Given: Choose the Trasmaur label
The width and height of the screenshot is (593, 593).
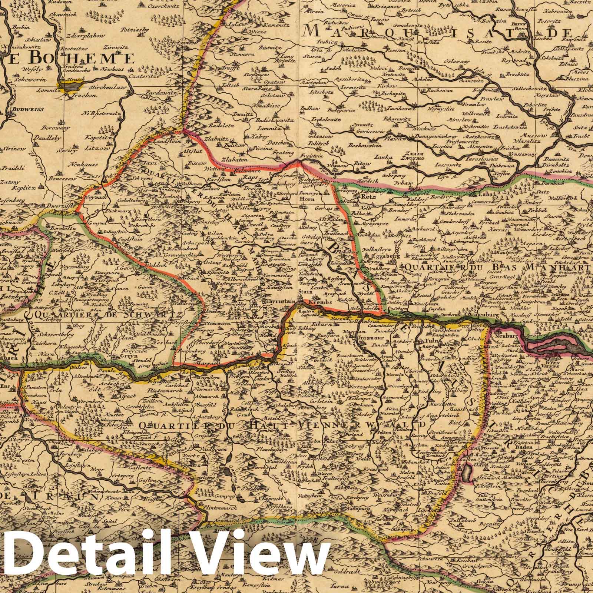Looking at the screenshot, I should click(x=367, y=338).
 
